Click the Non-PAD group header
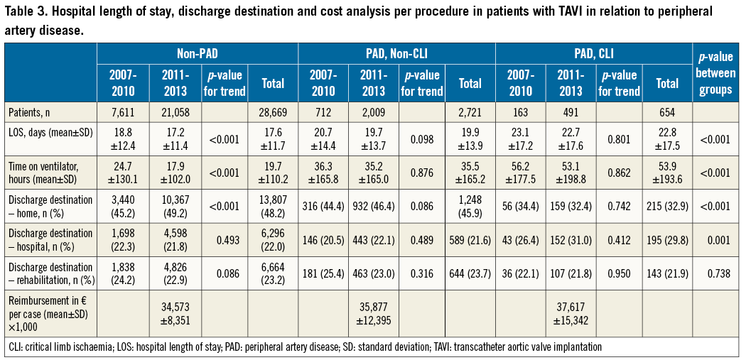coord(197,53)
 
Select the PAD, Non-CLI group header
coord(396,53)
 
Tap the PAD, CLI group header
coord(593,53)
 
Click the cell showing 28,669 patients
coord(273,111)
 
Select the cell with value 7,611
coord(123,111)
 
